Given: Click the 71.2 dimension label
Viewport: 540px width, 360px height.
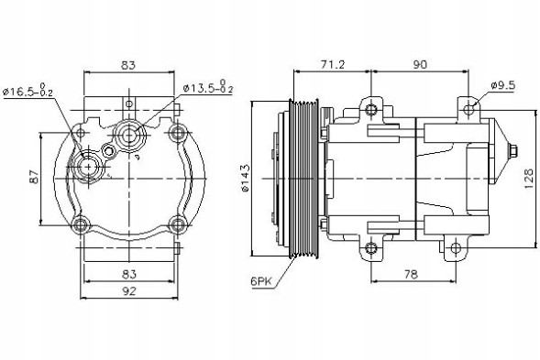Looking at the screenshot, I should tap(332, 64).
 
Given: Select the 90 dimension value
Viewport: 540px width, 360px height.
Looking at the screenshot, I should tap(421, 64).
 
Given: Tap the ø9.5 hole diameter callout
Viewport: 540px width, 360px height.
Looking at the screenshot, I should tap(503, 85).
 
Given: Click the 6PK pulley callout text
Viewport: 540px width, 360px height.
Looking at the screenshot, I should tap(261, 282).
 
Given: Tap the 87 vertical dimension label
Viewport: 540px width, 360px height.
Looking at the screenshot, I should tap(34, 178).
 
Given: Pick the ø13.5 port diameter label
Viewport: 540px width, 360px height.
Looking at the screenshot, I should tap(208, 88).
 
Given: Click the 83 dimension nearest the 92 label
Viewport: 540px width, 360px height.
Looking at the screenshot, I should tap(128, 274).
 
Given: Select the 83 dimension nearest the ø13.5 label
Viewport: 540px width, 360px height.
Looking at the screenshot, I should tap(128, 64).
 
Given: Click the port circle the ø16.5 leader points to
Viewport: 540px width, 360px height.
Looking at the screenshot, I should tap(90, 168).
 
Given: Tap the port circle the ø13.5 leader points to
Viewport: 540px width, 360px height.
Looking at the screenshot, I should tap(128, 136).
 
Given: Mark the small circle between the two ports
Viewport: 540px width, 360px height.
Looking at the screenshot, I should tap(110, 150).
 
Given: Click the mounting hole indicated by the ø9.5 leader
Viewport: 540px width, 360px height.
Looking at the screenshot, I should tap(468, 111).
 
